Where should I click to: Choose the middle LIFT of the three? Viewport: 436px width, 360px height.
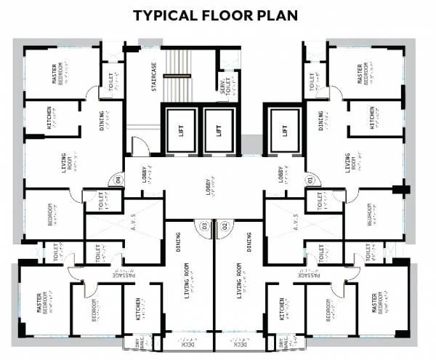click(x=219, y=132)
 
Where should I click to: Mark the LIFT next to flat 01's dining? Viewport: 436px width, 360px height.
click(x=284, y=132)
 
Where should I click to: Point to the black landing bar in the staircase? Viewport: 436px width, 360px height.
click(x=178, y=74)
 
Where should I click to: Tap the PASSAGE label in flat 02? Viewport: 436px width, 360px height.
click(x=308, y=275)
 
